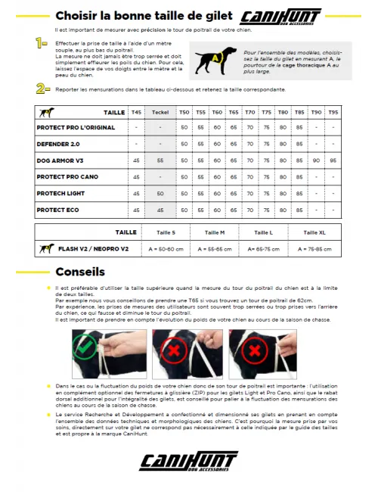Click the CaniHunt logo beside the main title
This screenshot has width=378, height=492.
(280, 17)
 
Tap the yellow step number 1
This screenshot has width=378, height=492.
(42, 43)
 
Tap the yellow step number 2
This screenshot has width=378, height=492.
(43, 89)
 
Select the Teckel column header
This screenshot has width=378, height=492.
(160, 112)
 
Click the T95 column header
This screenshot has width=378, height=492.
(333, 112)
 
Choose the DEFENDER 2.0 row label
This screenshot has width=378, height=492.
(58, 144)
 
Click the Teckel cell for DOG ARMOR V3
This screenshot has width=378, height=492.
(160, 160)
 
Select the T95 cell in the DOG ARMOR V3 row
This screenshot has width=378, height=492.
(333, 160)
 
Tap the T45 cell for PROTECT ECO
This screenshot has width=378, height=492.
(136, 210)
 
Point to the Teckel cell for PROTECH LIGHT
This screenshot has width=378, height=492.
(160, 194)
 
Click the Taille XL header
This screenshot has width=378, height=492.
(314, 232)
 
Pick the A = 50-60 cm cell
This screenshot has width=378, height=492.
(166, 248)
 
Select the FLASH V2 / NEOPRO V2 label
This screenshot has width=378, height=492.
(93, 248)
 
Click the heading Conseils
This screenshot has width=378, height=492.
(80, 272)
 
